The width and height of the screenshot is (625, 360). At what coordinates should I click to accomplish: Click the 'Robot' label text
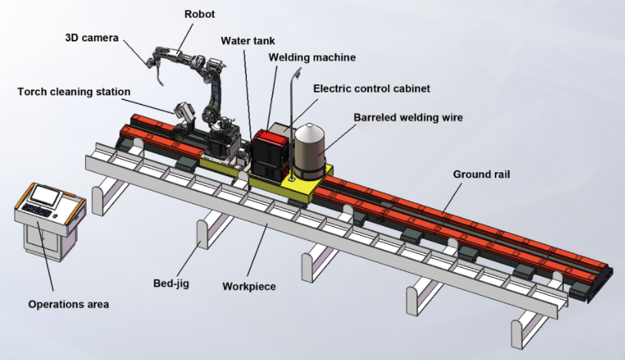coord(199,14)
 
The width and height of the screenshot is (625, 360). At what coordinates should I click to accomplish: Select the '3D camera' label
coord(92,38)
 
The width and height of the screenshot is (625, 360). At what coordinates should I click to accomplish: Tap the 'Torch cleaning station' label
coord(74,92)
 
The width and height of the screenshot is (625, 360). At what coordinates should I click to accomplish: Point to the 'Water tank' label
coord(248,41)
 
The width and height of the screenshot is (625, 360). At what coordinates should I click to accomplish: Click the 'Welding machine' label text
coord(312,58)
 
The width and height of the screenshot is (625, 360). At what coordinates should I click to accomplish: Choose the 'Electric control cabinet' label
coord(371,89)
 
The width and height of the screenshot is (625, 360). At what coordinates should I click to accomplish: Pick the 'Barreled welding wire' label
coord(408,118)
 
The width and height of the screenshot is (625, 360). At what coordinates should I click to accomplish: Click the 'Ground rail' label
coord(482,174)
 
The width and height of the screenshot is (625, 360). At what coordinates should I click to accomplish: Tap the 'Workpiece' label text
coord(249,287)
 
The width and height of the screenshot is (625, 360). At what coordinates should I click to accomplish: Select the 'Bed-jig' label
coord(172,284)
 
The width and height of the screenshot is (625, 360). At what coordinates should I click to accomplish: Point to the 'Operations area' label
coord(69,305)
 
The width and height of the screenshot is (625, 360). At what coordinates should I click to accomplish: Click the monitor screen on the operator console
coord(45,195)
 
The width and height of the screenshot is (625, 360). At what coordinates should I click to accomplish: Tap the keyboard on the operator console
coord(37,210)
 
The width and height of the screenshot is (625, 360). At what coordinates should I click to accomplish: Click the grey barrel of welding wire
coord(310,152)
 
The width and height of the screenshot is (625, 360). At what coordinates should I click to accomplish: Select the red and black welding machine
coord(270,153)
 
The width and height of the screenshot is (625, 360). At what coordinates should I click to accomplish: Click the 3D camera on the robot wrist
coord(151,62)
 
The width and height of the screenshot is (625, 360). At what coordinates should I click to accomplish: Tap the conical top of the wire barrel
coord(310,130)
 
